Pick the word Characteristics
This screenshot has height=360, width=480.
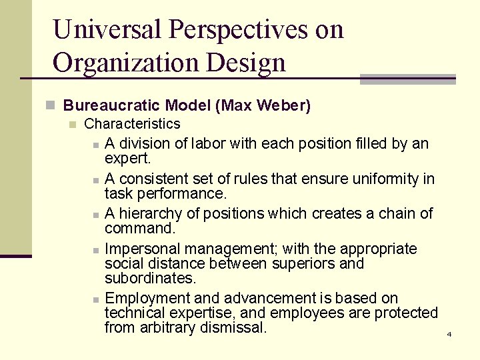click(x=132, y=123)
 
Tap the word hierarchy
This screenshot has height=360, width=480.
click(x=157, y=213)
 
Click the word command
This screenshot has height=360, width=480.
click(x=139, y=228)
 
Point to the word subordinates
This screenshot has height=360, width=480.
click(x=151, y=278)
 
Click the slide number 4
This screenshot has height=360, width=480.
click(x=449, y=334)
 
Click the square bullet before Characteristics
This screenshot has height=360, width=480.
click(x=73, y=124)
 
